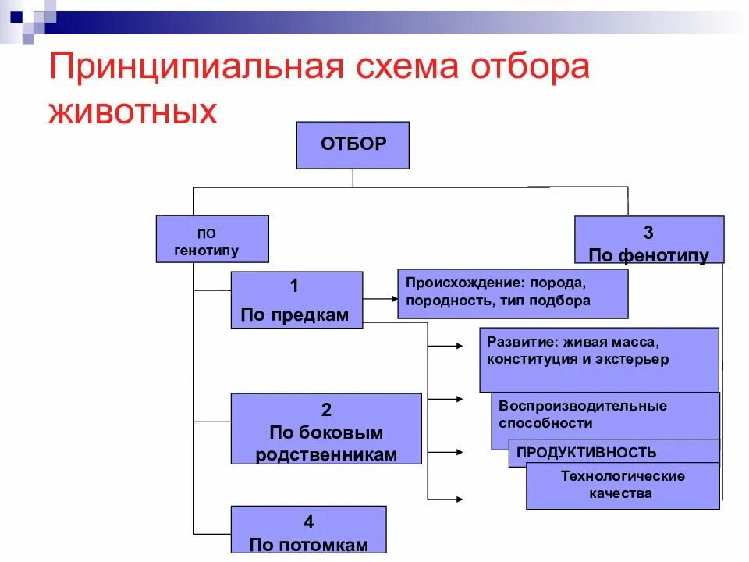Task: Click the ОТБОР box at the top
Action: [x=353, y=145]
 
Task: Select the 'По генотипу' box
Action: [x=212, y=239]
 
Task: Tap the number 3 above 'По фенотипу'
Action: [x=648, y=233]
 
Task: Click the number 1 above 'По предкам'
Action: [x=294, y=286]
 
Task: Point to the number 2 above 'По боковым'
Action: [x=326, y=410]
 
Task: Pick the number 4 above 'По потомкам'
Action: [x=308, y=521]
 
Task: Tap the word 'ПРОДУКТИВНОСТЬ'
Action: [x=586, y=453]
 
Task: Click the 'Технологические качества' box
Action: [x=623, y=485]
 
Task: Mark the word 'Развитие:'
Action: [x=516, y=341]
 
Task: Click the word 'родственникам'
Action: [x=326, y=455]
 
